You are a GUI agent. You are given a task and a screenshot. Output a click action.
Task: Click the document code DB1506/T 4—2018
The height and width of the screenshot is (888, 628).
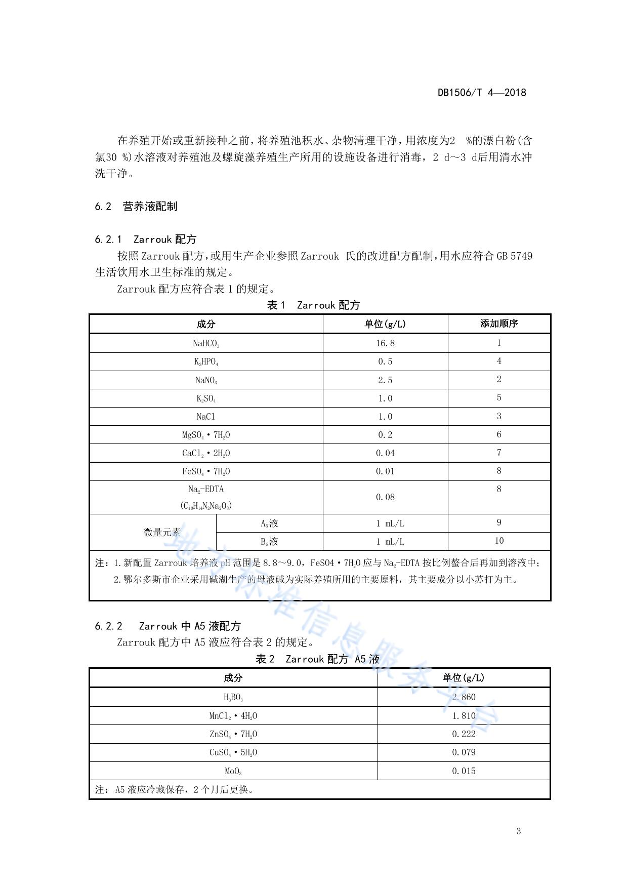(x=481, y=93)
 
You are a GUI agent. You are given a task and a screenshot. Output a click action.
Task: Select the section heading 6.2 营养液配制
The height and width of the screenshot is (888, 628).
(x=136, y=207)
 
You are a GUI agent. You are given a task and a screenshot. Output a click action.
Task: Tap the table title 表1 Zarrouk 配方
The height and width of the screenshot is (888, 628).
(x=313, y=305)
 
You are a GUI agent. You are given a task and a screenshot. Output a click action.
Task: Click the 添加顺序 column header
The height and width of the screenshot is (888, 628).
(x=498, y=324)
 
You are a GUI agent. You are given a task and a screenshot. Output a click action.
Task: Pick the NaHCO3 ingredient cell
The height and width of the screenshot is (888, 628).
(x=206, y=343)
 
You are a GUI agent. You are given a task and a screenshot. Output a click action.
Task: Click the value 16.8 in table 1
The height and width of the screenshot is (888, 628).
(x=385, y=343)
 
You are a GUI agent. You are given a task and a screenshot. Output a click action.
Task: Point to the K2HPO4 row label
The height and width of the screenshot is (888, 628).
(x=206, y=361)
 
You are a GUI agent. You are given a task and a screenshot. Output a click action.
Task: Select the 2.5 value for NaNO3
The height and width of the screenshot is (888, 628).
(x=385, y=380)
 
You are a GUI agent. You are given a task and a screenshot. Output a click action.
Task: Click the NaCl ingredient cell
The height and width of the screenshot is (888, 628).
(x=206, y=417)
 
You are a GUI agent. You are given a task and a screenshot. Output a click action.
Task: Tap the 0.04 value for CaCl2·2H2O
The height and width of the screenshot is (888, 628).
(x=385, y=453)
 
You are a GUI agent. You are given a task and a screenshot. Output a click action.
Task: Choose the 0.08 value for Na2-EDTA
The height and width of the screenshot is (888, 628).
(x=385, y=497)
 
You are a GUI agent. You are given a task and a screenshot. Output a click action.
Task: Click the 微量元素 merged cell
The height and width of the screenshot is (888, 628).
(x=162, y=532)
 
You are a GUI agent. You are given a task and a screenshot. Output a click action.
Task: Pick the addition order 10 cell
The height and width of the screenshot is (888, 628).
(x=498, y=541)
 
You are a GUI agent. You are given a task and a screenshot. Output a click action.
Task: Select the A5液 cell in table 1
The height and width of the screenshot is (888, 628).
(x=269, y=523)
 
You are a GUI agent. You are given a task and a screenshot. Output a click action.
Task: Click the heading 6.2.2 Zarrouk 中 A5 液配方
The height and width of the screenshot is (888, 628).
(x=168, y=626)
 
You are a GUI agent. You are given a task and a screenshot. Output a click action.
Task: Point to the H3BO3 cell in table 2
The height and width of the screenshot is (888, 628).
(x=233, y=697)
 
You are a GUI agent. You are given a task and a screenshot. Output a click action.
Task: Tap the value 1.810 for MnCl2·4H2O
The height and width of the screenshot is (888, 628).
(x=464, y=716)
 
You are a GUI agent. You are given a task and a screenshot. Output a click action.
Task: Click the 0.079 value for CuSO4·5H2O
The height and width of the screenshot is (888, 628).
(x=464, y=752)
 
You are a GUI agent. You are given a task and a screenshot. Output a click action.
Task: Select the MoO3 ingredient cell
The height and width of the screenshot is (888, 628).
(x=233, y=771)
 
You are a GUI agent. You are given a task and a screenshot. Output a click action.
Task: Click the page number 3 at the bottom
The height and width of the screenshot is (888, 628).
(x=518, y=831)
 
